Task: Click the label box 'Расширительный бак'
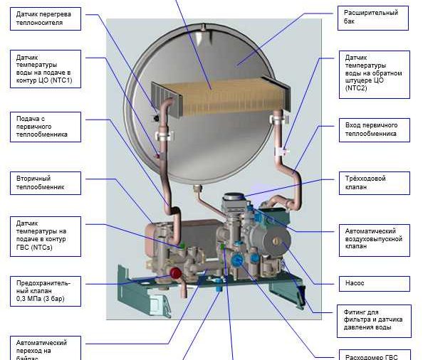[373, 18]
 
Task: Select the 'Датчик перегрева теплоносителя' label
[46, 18]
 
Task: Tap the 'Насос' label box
[374, 283]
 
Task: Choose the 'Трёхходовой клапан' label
[374, 183]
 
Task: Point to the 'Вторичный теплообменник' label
[46, 183]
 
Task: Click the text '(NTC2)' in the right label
[356, 88]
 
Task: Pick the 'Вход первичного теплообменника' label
[374, 130]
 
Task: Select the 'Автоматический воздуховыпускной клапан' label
[374, 240]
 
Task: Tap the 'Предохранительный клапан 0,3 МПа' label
[46, 291]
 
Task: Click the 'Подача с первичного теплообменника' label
[46, 127]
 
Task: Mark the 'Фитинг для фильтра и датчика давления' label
[374, 321]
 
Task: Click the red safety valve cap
[175, 273]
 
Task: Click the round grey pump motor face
[277, 240]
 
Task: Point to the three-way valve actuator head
[233, 201]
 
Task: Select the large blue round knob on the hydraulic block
[237, 260]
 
